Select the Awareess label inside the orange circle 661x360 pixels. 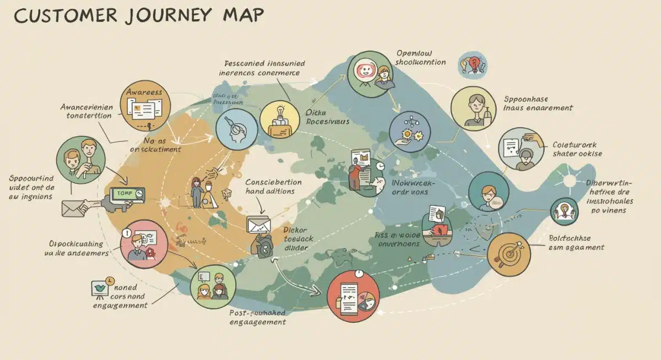(144, 92)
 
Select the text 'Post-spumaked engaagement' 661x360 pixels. (257, 317)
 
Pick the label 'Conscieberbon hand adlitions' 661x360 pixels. (273, 187)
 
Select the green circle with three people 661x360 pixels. (213, 287)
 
